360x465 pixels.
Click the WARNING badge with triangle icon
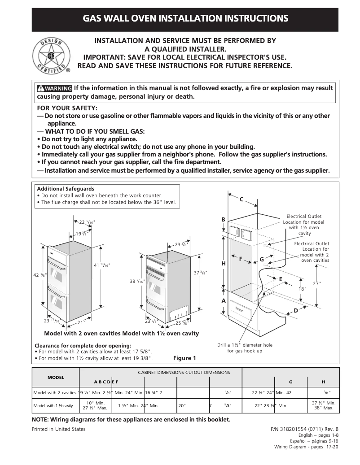(55, 88)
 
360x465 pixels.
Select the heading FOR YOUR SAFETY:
(67, 108)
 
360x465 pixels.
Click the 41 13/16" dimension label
(102, 265)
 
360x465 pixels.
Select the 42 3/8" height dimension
(40, 275)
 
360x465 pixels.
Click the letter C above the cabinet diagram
(241, 199)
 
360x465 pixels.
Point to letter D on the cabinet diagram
(296, 310)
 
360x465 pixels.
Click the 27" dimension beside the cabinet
(317, 283)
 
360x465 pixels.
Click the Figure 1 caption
(184, 358)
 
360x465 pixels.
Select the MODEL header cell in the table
(56, 378)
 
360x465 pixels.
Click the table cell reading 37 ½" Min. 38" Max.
(323, 405)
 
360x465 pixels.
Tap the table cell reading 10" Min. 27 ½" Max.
(95, 405)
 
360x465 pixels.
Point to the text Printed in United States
(58, 429)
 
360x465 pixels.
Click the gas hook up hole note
(245, 348)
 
